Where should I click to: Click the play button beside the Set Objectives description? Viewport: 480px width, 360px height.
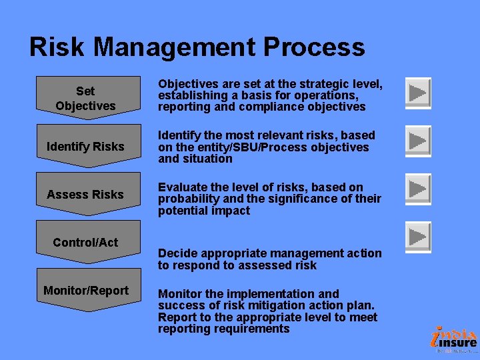[418, 93]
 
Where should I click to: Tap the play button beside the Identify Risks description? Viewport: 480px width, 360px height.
[418, 141]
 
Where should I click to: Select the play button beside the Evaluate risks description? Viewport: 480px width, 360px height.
[418, 189]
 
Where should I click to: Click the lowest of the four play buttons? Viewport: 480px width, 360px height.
[418, 236]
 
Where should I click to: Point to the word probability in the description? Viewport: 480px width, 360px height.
[189, 199]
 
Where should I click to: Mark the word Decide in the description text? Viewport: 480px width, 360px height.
[177, 253]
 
